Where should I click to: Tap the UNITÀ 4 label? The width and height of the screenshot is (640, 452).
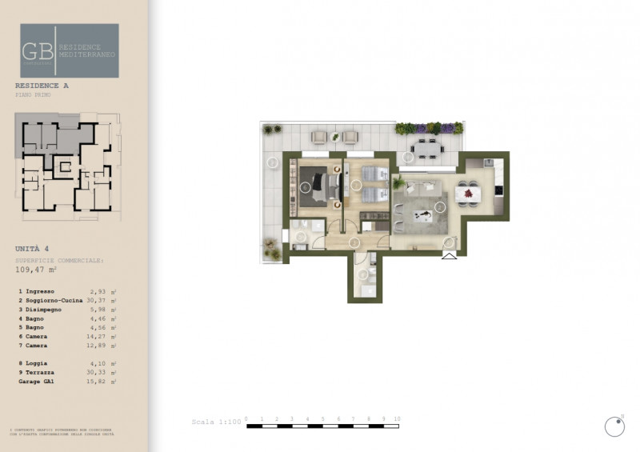tap(32, 249)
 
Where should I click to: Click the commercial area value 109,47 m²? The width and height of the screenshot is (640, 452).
tap(38, 270)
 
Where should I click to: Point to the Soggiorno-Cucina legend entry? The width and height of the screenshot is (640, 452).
tap(54, 300)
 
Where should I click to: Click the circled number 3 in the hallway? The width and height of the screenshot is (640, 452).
tap(354, 242)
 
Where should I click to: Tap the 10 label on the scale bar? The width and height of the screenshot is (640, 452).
tap(397, 419)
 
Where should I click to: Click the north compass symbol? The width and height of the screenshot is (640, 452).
tap(614, 426)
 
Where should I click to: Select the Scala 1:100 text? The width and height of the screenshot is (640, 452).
tap(216, 422)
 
